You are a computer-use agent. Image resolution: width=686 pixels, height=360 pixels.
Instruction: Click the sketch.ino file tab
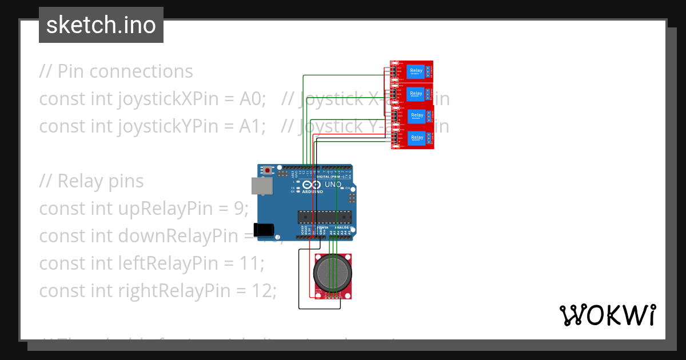(101, 25)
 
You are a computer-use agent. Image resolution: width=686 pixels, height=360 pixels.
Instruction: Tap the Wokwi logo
(607, 315)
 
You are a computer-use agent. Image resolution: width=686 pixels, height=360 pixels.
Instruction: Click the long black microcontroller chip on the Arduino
(324, 217)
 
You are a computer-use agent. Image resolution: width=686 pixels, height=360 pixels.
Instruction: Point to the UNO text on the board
(333, 185)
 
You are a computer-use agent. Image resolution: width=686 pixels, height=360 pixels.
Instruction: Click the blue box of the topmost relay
(417, 71)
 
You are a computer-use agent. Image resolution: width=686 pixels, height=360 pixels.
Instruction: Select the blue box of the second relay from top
(416, 93)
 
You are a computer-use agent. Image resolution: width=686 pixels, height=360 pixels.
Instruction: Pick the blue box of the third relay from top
(417, 115)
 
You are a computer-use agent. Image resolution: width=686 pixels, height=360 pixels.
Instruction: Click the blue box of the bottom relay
(417, 138)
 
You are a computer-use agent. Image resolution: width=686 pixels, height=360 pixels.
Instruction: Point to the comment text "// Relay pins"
(91, 181)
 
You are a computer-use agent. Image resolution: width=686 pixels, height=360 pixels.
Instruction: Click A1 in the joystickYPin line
(252, 126)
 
